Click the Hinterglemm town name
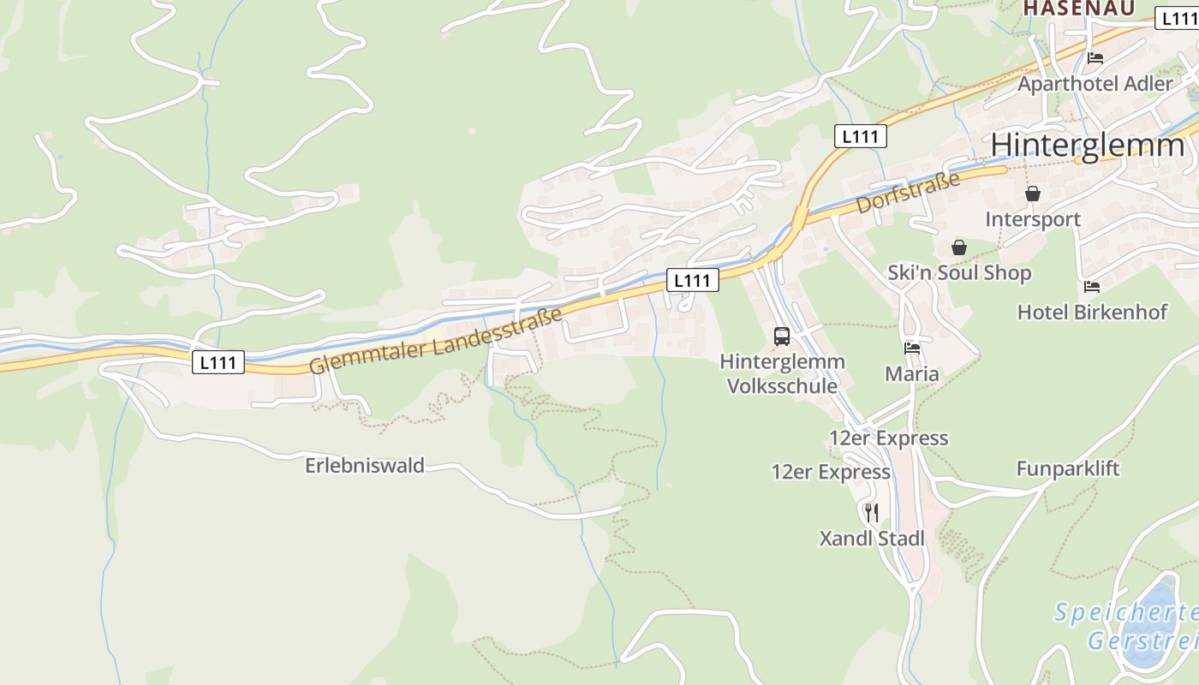(x=1088, y=146)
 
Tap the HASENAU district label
(x=1079, y=8)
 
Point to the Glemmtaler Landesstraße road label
(x=436, y=340)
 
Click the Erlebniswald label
(x=365, y=466)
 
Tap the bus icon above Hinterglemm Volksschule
(x=782, y=337)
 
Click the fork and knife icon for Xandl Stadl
(x=872, y=513)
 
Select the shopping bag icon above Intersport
(x=1033, y=194)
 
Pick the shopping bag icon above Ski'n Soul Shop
(x=959, y=247)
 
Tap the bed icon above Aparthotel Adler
(x=1095, y=58)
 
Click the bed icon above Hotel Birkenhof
(x=1091, y=286)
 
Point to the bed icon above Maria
(x=912, y=348)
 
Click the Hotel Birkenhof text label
(x=1092, y=312)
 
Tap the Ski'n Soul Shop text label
(x=959, y=273)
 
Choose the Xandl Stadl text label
(x=872, y=539)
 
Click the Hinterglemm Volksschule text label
(x=782, y=373)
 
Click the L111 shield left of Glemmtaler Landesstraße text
(x=218, y=362)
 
